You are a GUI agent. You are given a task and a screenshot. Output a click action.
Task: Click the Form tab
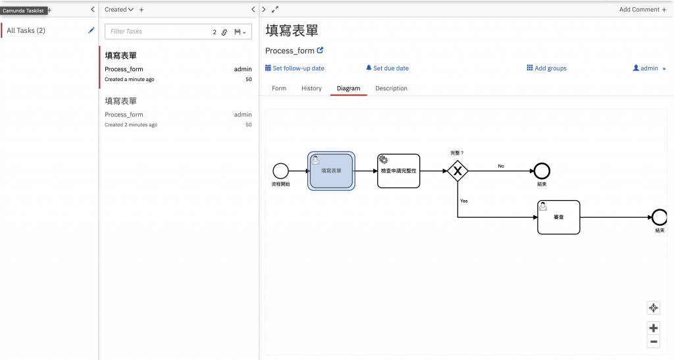279,88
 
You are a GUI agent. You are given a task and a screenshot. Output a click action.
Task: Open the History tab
311,88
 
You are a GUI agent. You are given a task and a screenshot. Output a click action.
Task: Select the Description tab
391,88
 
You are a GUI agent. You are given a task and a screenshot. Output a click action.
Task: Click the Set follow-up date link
295,68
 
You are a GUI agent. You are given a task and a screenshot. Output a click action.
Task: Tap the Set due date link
387,68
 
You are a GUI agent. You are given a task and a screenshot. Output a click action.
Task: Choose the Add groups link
547,68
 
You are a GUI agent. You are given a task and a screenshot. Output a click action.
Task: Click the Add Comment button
642,9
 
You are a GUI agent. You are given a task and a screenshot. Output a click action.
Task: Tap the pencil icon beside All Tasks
91,30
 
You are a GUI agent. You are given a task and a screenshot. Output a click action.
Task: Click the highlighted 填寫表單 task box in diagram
331,171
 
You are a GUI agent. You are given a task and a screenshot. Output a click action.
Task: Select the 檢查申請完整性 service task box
398,171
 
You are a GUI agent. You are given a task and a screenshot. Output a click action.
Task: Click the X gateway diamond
457,171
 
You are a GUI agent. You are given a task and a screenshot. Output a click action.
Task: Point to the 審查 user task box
558,217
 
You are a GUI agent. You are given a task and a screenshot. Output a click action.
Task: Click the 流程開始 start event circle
280,171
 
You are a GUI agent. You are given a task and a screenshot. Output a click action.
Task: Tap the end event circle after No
542,171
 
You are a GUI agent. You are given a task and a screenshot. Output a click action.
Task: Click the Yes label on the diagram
464,201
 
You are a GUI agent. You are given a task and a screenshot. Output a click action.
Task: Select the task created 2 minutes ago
178,113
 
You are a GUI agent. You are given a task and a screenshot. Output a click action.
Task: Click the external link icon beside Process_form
321,50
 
